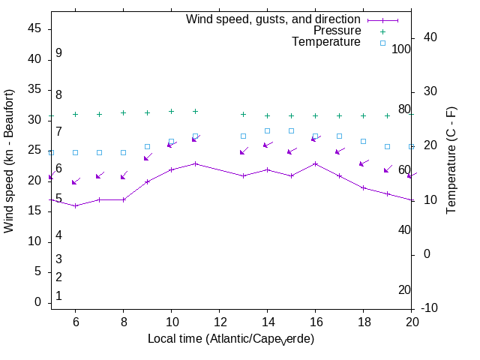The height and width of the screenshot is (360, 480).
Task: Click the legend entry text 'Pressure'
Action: [337, 31]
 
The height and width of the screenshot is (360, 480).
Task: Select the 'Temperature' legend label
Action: [326, 42]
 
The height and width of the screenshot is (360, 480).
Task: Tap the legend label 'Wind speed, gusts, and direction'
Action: [273, 19]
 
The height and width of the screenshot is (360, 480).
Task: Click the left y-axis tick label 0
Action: [37, 302]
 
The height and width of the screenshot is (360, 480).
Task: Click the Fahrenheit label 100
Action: [402, 49]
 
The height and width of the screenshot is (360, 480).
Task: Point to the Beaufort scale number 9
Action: [58, 53]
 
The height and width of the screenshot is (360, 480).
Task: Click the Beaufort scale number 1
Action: [58, 296]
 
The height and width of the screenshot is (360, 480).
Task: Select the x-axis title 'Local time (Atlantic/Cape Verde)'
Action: [231, 339]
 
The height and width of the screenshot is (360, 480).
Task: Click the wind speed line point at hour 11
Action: [195, 163]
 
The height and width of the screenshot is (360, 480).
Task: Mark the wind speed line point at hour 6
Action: [75, 205]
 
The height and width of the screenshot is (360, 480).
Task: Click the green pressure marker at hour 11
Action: [195, 111]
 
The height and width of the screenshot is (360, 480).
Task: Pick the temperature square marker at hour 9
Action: [147, 146]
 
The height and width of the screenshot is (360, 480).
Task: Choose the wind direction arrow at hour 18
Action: [364, 163]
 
